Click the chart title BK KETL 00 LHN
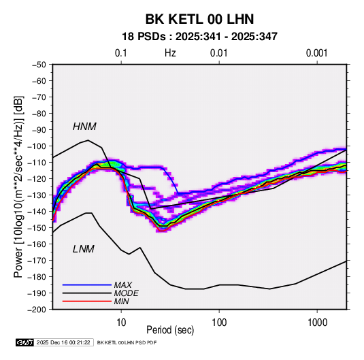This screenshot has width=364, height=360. (199, 19)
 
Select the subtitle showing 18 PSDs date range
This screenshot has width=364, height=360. (199, 37)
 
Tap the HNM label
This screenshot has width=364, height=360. (84, 127)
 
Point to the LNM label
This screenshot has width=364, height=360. (84, 249)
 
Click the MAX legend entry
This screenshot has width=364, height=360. (122, 285)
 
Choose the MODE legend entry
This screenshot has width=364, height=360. (127, 293)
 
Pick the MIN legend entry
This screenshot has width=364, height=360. (121, 301)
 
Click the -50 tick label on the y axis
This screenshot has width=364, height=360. (39, 65)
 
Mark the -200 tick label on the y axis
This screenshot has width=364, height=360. (37, 310)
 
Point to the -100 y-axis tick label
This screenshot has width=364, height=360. (37, 146)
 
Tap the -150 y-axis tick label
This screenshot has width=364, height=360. (37, 228)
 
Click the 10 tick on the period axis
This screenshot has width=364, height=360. (121, 323)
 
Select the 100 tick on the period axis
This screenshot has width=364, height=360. (219, 323)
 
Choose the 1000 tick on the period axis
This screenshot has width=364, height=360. (317, 323)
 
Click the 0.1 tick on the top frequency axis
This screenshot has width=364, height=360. (121, 53)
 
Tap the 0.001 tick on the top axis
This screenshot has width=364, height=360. (316, 53)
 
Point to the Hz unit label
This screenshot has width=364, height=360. (170, 53)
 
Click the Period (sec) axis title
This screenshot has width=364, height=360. (170, 330)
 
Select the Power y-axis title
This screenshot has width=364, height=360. (18, 187)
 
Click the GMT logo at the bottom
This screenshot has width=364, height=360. (24, 342)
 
